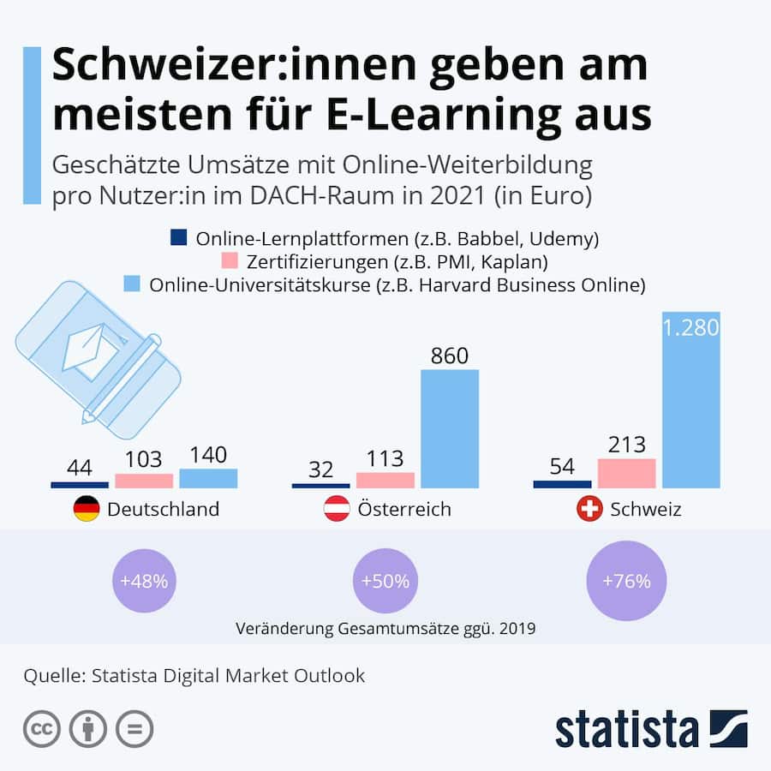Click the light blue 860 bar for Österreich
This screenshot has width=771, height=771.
coord(449,428)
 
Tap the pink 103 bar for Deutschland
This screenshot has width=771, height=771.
coord(144,480)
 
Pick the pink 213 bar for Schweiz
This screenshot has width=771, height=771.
coord(626,473)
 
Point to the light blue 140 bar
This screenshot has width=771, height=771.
coord(208,478)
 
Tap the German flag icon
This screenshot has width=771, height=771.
coord(86,510)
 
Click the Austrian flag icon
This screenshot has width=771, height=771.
coord(335,510)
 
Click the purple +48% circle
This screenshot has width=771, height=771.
coord(144,581)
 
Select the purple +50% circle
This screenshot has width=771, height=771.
coord(385,581)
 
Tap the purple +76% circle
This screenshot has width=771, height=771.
coord(626,581)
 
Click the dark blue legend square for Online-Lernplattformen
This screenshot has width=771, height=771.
coord(179,237)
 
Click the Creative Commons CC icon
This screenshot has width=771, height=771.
coord(41,728)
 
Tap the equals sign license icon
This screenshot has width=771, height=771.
coord(134,728)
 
